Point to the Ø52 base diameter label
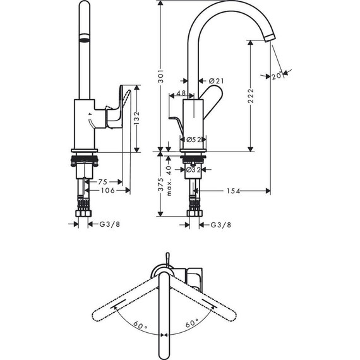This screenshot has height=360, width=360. click(x=193, y=140)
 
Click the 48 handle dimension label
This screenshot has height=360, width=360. click(x=181, y=94)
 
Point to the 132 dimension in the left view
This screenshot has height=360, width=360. click(x=136, y=118)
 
